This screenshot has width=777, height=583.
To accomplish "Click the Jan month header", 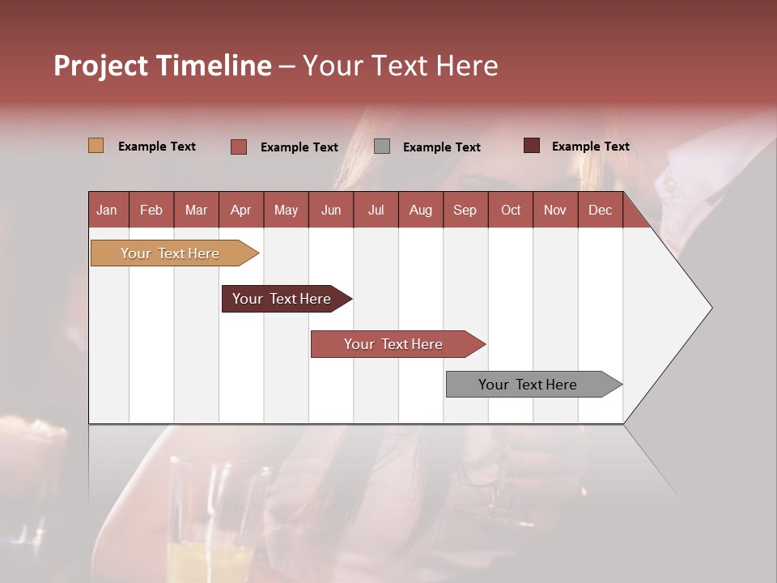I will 107,210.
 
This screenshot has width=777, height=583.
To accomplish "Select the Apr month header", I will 240,210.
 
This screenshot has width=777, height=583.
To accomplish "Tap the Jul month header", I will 376,210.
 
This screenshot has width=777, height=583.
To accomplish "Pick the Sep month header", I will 465,210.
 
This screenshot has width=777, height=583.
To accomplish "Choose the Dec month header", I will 600,210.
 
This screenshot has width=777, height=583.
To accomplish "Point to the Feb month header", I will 151,210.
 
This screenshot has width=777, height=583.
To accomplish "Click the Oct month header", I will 511,210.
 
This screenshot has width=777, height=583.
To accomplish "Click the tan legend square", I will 96,146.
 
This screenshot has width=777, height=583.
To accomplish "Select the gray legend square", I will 382,146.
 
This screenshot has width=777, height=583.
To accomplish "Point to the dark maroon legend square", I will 531,146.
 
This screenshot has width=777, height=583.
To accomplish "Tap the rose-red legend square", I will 239,147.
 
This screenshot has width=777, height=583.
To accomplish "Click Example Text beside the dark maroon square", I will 590,147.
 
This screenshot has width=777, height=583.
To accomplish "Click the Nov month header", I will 555,210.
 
